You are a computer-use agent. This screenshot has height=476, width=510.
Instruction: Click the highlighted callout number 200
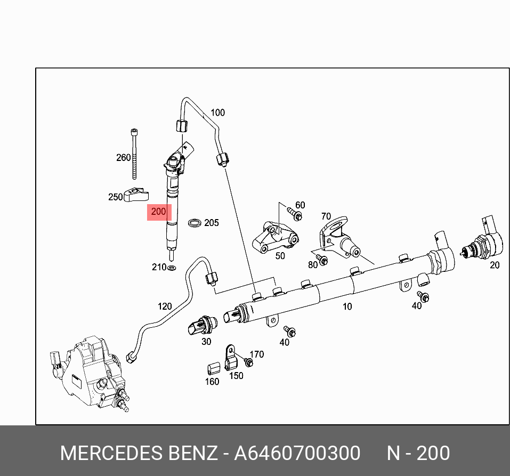pyautogui.click(x=158, y=212)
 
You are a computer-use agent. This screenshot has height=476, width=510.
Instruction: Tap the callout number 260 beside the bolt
pyautogui.click(x=123, y=157)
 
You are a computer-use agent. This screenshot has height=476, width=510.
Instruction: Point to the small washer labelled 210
pyautogui.click(x=172, y=267)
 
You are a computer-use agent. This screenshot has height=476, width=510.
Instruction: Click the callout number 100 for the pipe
pyautogui.click(x=217, y=112)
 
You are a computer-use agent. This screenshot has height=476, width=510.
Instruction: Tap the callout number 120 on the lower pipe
pyautogui.click(x=165, y=306)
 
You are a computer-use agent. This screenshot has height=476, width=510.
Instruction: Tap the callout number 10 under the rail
pyautogui.click(x=347, y=306)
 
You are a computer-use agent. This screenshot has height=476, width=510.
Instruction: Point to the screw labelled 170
pyautogui.click(x=248, y=362)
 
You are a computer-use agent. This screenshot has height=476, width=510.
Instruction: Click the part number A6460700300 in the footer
pyautogui.click(x=297, y=453)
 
